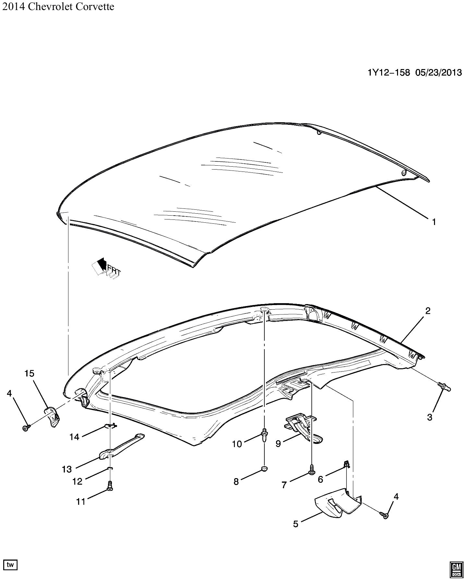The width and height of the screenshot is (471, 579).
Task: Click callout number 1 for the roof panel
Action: [434, 222]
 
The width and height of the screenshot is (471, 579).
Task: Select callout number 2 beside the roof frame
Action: [428, 311]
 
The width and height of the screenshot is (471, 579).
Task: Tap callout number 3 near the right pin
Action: [429, 417]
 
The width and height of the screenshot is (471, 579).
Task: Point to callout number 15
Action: [29, 373]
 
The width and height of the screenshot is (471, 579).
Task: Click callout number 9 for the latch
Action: [278, 444]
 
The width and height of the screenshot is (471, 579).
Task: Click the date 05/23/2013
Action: [438, 72]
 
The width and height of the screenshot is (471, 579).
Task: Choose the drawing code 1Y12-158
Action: [389, 72]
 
